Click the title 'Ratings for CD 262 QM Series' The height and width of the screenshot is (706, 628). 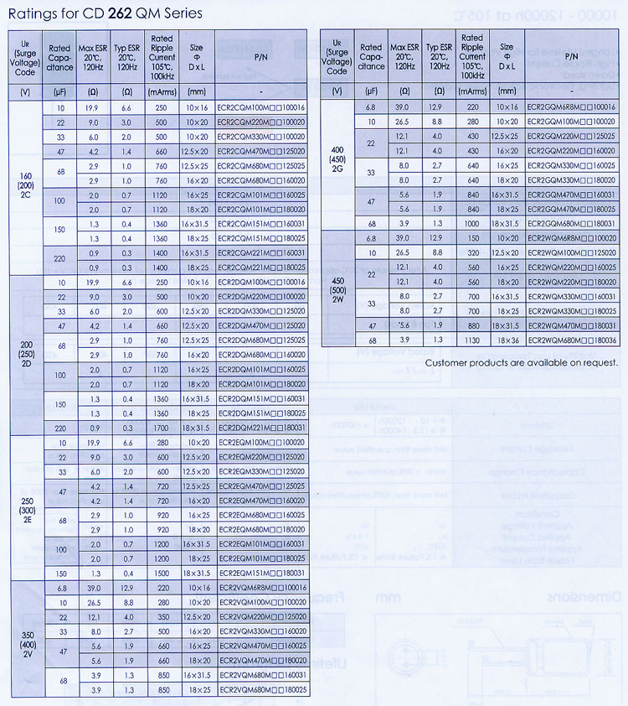[105, 13]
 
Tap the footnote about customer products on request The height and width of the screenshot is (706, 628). [521, 362]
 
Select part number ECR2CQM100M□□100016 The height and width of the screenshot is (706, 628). [260, 109]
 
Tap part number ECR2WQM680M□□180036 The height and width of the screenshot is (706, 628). [573, 340]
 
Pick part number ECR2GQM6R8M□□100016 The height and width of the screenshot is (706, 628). [573, 107]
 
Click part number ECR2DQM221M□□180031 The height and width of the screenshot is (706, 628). [260, 427]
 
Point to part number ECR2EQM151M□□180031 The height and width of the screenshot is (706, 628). [260, 573]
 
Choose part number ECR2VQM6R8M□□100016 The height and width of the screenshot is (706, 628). [260, 588]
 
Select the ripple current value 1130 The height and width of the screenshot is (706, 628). [472, 340]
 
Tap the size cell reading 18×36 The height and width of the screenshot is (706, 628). [507, 340]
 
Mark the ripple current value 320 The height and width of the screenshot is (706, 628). [472, 252]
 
